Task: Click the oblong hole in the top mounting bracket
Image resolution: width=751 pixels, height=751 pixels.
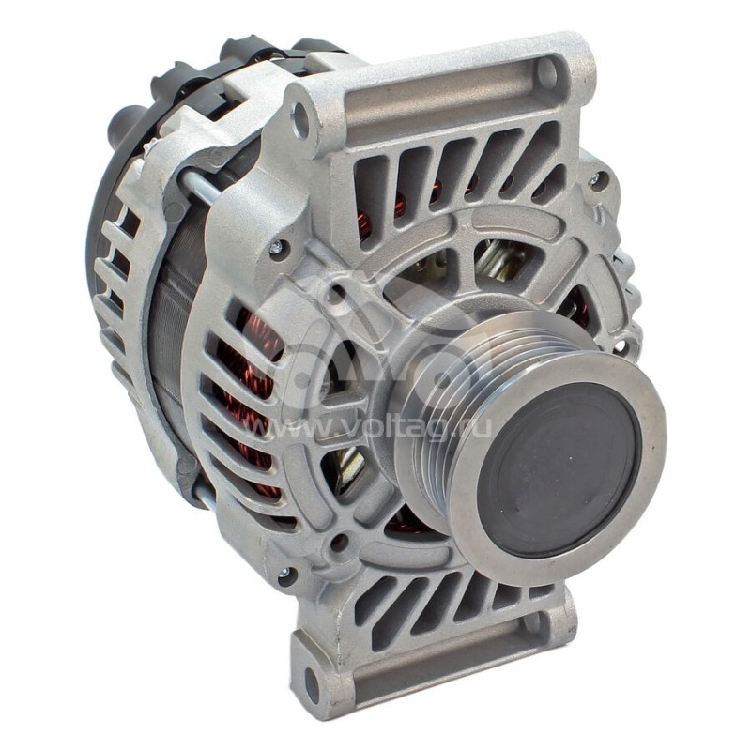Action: coord(547,73)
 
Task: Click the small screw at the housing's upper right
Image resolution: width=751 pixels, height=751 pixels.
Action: coord(594,177)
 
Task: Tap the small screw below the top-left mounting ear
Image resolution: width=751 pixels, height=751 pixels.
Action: coord(276,248)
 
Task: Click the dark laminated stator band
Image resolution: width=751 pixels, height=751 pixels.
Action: coord(169,347)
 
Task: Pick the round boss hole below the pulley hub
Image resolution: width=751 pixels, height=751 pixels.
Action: coord(340,542)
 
